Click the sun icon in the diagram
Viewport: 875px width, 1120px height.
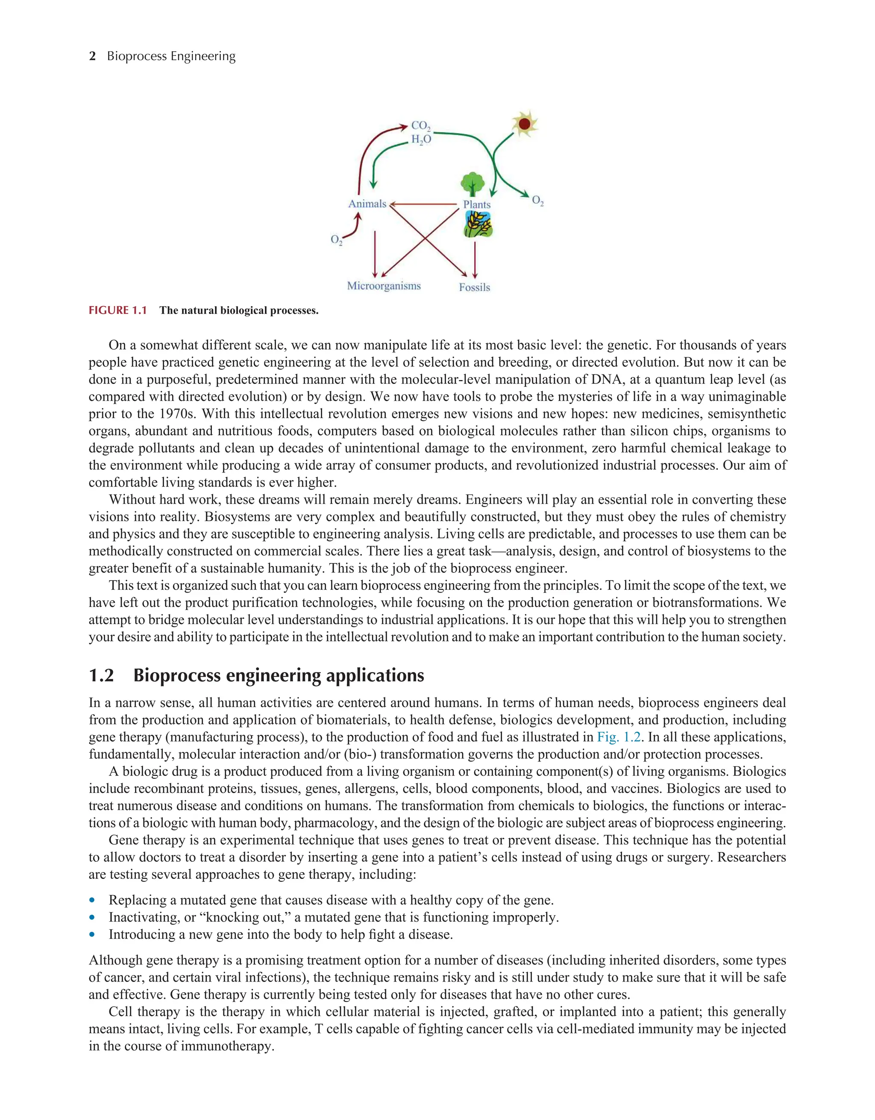pyautogui.click(x=524, y=124)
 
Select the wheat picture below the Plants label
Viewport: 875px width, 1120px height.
pyautogui.click(x=478, y=224)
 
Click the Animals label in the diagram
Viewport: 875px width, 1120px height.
pyautogui.click(x=367, y=203)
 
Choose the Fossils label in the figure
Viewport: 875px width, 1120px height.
pyautogui.click(x=474, y=287)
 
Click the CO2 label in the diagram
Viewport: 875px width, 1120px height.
pyautogui.click(x=421, y=126)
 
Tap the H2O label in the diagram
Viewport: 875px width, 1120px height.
pyautogui.click(x=421, y=139)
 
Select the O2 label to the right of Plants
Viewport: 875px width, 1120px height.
pyautogui.click(x=537, y=200)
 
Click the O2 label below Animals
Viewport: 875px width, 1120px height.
pyautogui.click(x=336, y=239)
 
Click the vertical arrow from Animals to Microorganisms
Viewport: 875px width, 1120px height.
pyautogui.click(x=375, y=254)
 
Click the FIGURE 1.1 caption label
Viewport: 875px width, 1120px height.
pyautogui.click(x=117, y=310)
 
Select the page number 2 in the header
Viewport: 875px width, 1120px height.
pyautogui.click(x=92, y=56)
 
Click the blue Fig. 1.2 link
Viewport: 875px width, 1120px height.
pyautogui.click(x=619, y=737)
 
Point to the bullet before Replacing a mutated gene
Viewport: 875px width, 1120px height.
pyautogui.click(x=92, y=900)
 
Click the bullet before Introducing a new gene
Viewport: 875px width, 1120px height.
pyautogui.click(x=92, y=934)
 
